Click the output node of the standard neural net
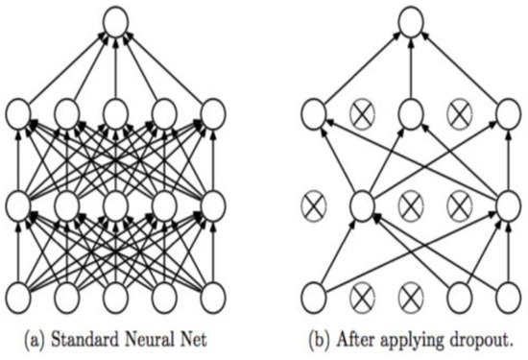pos(114,22)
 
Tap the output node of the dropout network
pos(411,22)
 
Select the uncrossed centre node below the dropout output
pos(411,115)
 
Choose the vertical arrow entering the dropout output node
pos(411,69)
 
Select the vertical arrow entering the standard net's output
pos(114,69)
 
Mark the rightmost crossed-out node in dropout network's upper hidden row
pos(458,115)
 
